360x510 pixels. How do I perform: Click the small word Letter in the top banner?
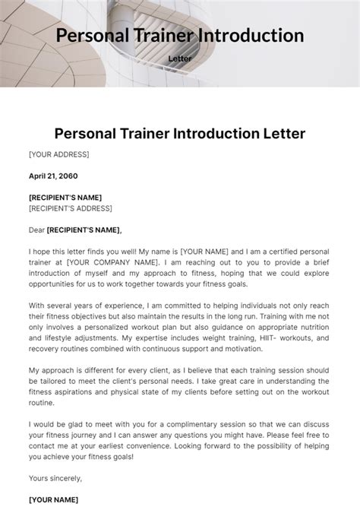coord(179,58)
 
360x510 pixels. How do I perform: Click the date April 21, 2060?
coord(54,176)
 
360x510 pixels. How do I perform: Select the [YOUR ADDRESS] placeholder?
coord(59,154)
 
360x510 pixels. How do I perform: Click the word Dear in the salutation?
coord(36,230)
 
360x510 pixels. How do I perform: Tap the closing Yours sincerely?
coord(55,479)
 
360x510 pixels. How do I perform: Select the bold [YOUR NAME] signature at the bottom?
coord(54,499)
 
